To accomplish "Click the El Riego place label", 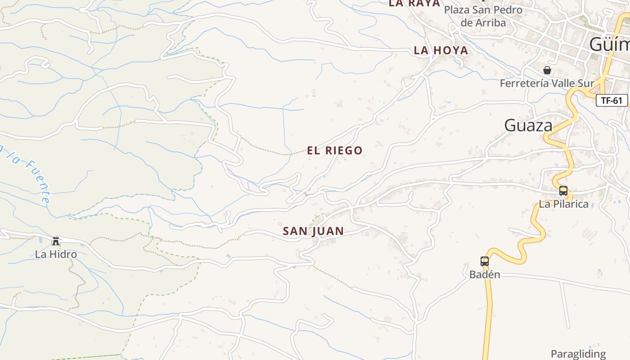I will click(x=335, y=150).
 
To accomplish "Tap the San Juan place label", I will click(x=313, y=231).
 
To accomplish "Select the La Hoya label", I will click(x=441, y=50).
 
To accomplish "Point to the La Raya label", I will click(x=414, y=4).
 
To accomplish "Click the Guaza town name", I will click(x=528, y=125).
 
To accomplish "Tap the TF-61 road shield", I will click(x=612, y=100).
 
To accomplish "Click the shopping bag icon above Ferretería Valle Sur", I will click(x=547, y=70).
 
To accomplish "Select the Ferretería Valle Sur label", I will click(x=547, y=83).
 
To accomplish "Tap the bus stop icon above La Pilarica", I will click(x=563, y=191).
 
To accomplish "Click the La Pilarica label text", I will click(x=563, y=204).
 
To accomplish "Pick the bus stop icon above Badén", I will click(x=485, y=261).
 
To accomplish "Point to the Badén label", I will click(x=485, y=274).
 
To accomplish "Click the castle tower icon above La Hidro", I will click(x=56, y=241).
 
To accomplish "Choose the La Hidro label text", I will click(x=56, y=254).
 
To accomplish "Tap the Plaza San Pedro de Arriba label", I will click(x=483, y=16).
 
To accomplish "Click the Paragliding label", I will click(x=578, y=354).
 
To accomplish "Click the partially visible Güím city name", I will click(x=609, y=44).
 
